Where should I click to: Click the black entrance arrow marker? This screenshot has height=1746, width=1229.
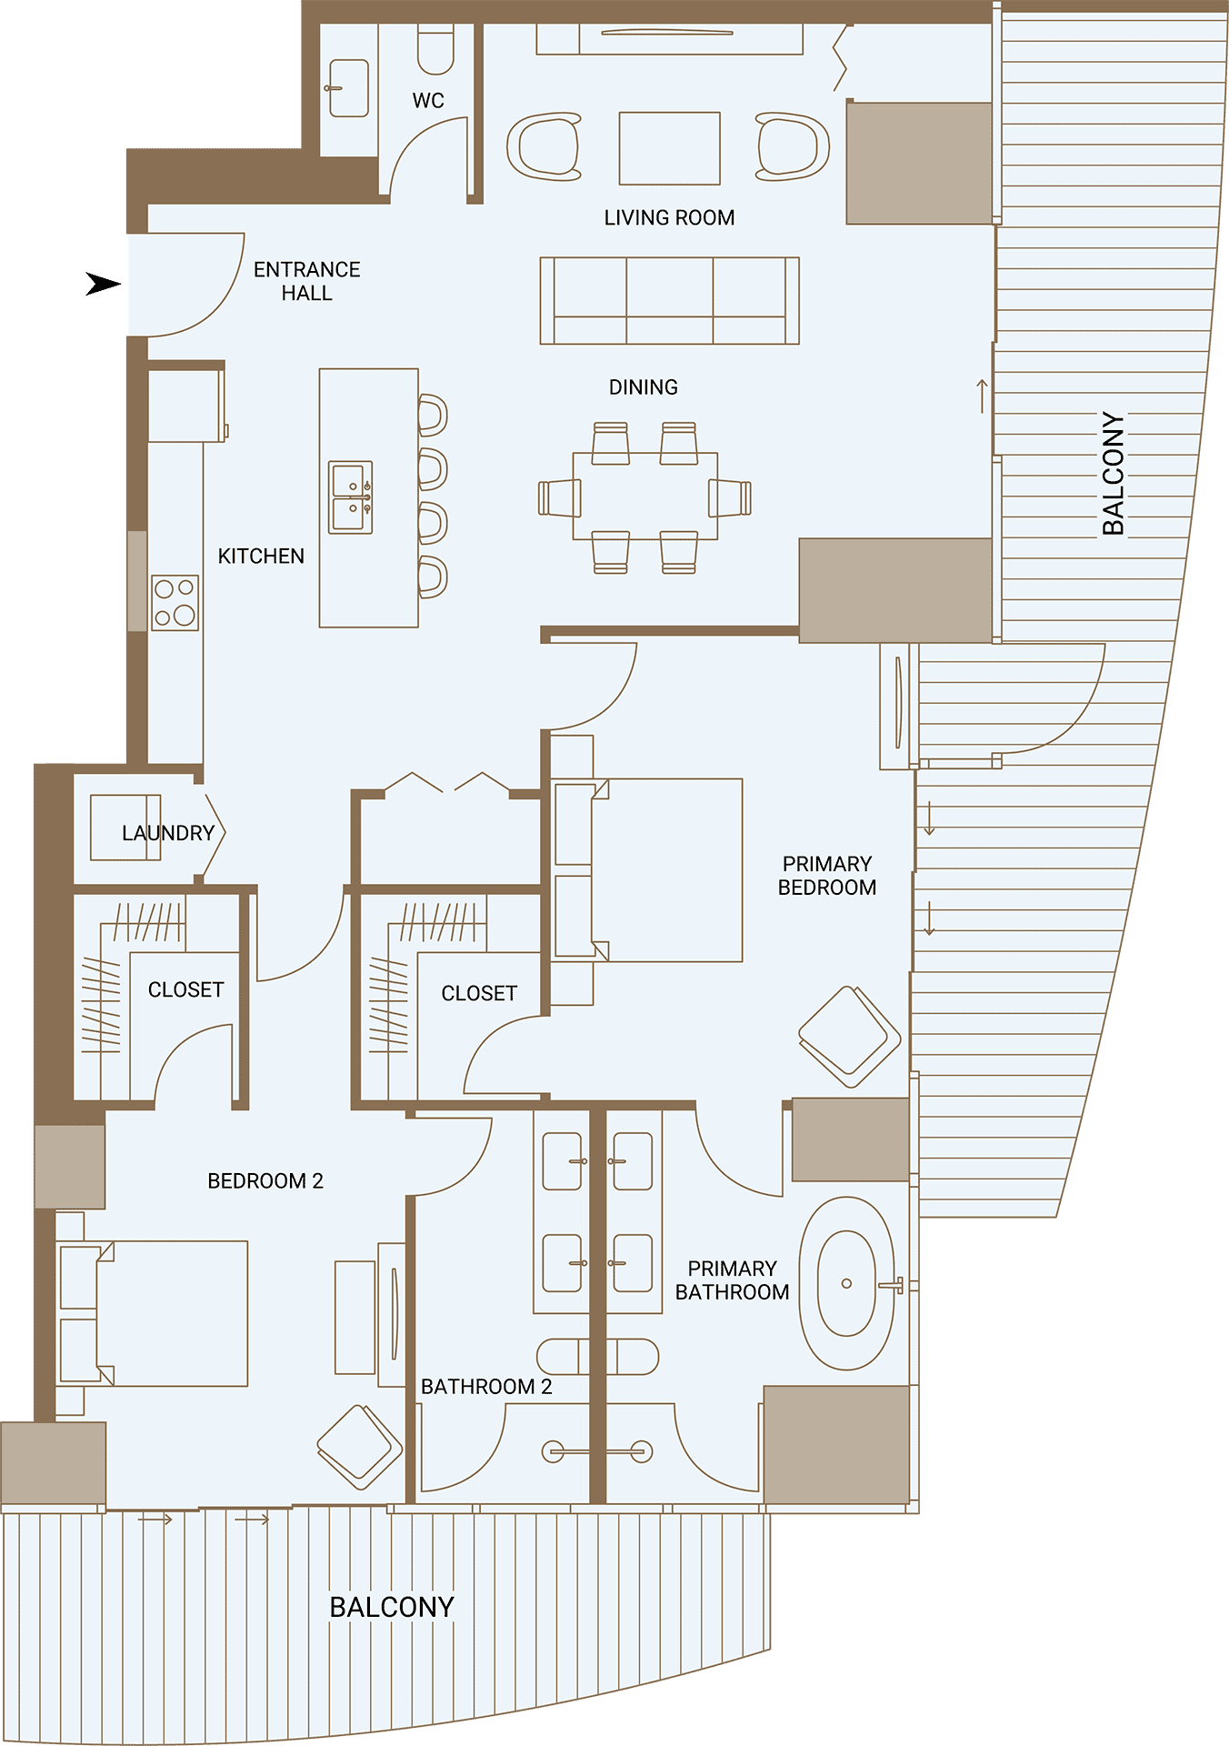tap(103, 284)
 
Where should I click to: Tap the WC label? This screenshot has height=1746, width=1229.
tap(428, 100)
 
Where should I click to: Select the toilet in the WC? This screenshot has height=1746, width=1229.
tap(435, 49)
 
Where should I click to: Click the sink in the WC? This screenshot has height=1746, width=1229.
tap(348, 88)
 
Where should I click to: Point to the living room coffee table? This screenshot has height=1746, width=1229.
tap(670, 148)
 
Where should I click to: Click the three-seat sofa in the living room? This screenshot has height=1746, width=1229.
tap(670, 301)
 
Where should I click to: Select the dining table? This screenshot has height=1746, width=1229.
tap(645, 496)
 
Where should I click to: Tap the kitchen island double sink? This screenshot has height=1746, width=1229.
tap(351, 497)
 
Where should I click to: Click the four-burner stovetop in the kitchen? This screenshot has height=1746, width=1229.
tap(175, 603)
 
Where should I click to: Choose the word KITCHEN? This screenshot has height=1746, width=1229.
tap(261, 556)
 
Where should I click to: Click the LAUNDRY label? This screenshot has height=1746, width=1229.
tap(168, 833)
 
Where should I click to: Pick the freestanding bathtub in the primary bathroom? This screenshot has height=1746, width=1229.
tap(846, 1283)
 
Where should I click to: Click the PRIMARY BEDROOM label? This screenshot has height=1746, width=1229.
tap(827, 875)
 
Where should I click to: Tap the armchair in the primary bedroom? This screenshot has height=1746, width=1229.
tap(850, 1037)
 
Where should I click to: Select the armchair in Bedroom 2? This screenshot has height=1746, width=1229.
tap(360, 1447)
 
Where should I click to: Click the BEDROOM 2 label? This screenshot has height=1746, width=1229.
tap(265, 1180)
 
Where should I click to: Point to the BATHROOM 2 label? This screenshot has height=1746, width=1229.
tap(486, 1386)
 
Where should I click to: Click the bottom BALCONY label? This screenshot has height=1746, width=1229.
tap(392, 1607)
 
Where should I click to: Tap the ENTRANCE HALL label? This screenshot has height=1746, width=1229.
tap(307, 281)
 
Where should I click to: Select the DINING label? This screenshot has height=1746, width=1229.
tap(644, 386)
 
